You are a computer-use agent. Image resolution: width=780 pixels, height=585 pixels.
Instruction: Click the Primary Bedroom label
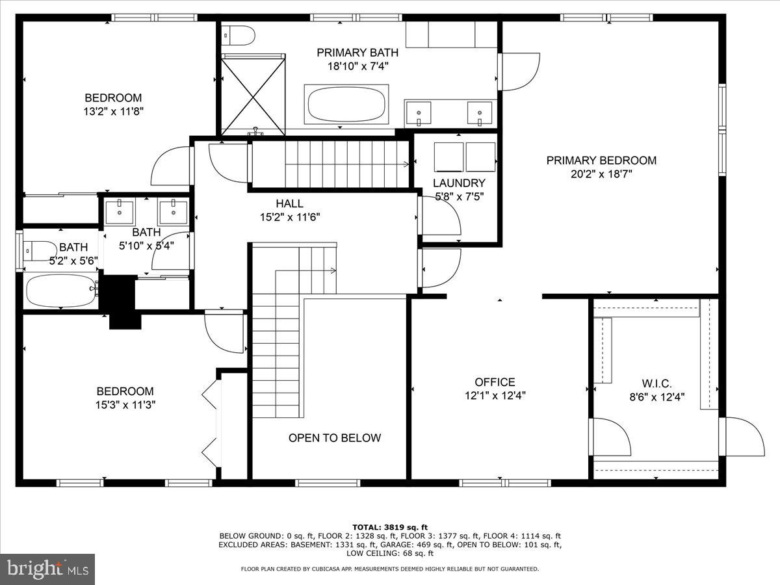tap(601, 160)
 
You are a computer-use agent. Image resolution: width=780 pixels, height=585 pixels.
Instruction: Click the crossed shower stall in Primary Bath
tap(253, 94)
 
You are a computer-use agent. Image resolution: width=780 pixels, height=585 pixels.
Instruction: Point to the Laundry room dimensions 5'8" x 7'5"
tap(459, 196)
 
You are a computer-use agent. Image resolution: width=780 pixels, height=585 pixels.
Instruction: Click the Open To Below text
tap(335, 437)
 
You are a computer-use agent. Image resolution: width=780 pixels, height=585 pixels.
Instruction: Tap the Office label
tap(495, 382)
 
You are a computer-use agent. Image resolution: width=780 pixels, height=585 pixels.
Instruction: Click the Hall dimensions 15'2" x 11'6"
tap(289, 217)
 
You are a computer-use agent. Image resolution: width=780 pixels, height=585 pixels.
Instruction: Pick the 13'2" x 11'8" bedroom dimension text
tap(113, 111)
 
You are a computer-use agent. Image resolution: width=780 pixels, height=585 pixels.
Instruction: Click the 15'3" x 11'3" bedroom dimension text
tap(125, 404)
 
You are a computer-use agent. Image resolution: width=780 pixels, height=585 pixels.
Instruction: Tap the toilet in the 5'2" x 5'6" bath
tap(40, 249)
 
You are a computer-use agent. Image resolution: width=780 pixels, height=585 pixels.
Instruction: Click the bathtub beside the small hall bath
tap(60, 290)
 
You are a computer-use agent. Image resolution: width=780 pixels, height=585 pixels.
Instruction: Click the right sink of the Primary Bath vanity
tap(480, 112)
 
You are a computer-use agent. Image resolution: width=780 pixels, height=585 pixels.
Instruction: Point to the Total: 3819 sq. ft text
tap(389, 527)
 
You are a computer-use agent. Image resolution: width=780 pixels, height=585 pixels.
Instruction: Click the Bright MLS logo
tap(47, 569)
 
